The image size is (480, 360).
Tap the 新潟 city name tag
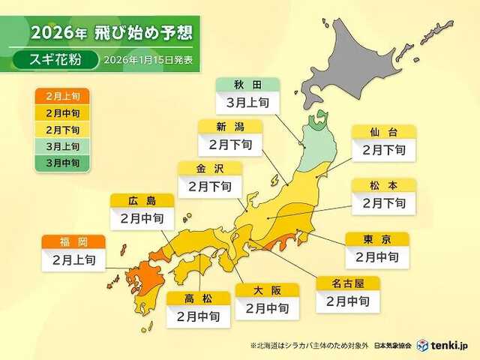point(229,126)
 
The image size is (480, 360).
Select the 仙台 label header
point(382,133)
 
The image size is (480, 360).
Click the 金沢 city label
point(208,168)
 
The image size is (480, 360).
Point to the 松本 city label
point(382,184)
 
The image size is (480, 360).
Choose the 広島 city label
point(141,201)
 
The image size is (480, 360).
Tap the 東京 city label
point(377,239)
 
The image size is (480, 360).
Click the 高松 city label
point(198,298)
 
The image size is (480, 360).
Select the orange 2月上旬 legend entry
point(61,96)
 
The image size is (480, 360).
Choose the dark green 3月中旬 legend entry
point(61,162)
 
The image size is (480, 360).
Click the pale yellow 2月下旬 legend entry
point(61,129)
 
